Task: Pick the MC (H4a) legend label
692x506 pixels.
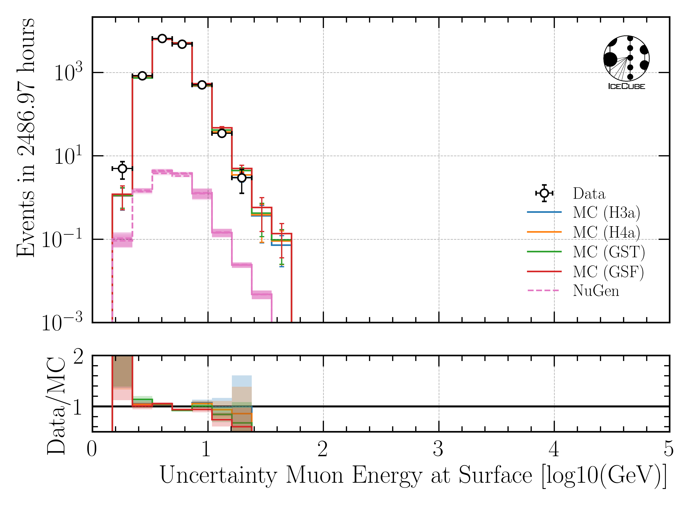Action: tap(606, 232)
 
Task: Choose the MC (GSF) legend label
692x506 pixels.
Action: tap(608, 271)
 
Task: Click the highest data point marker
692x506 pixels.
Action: tap(162, 39)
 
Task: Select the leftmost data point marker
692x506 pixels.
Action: tap(122, 168)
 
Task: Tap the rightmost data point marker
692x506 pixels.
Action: tap(242, 178)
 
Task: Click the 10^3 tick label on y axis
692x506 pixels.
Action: tap(68, 73)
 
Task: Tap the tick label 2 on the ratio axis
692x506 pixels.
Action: tap(78, 357)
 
